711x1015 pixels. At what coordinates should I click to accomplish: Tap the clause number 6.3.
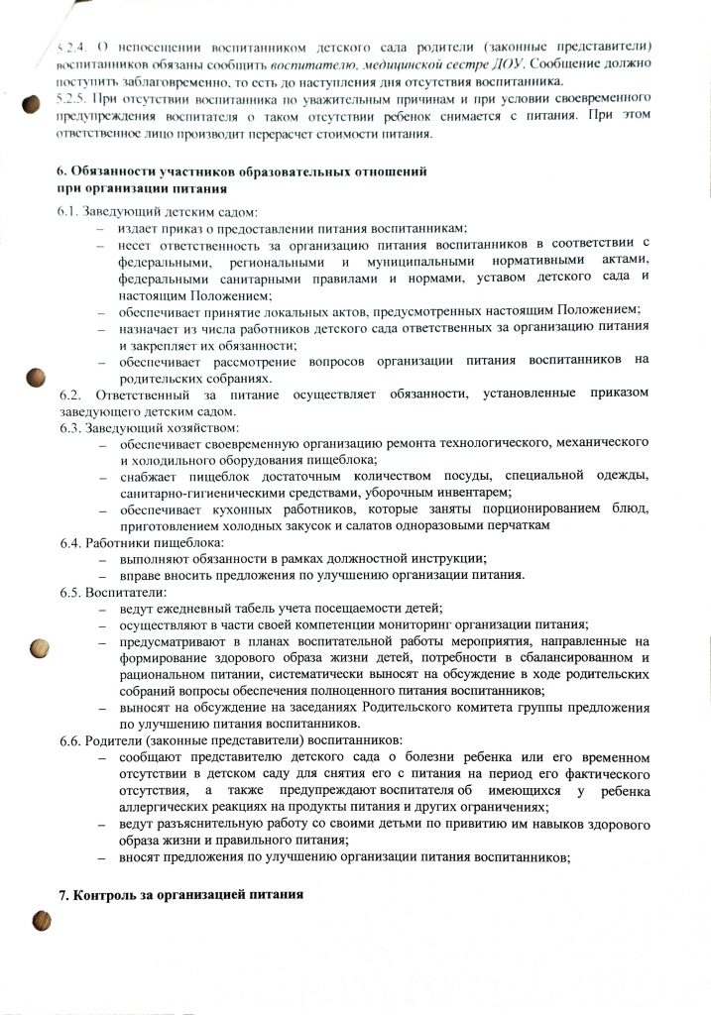click(71, 427)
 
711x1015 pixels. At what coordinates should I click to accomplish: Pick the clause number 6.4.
click(71, 543)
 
